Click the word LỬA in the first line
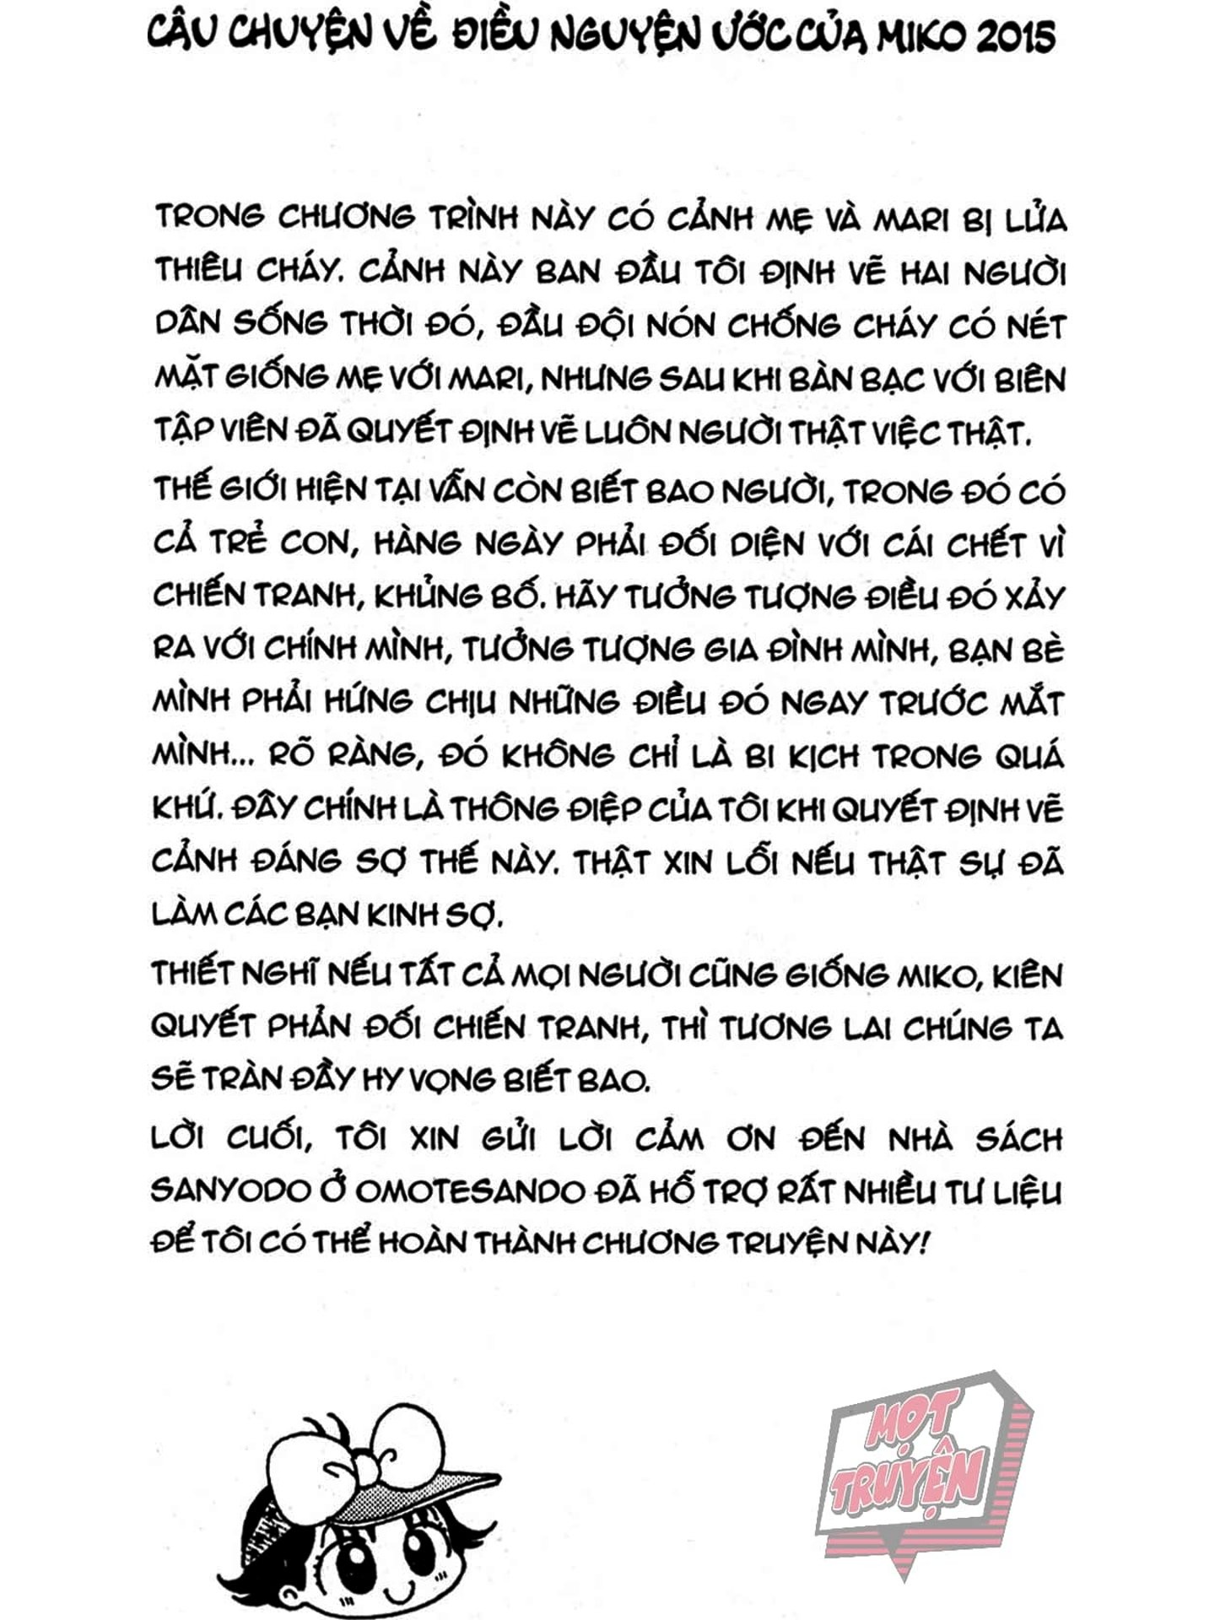click(x=1036, y=219)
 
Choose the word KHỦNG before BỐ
click(x=429, y=597)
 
